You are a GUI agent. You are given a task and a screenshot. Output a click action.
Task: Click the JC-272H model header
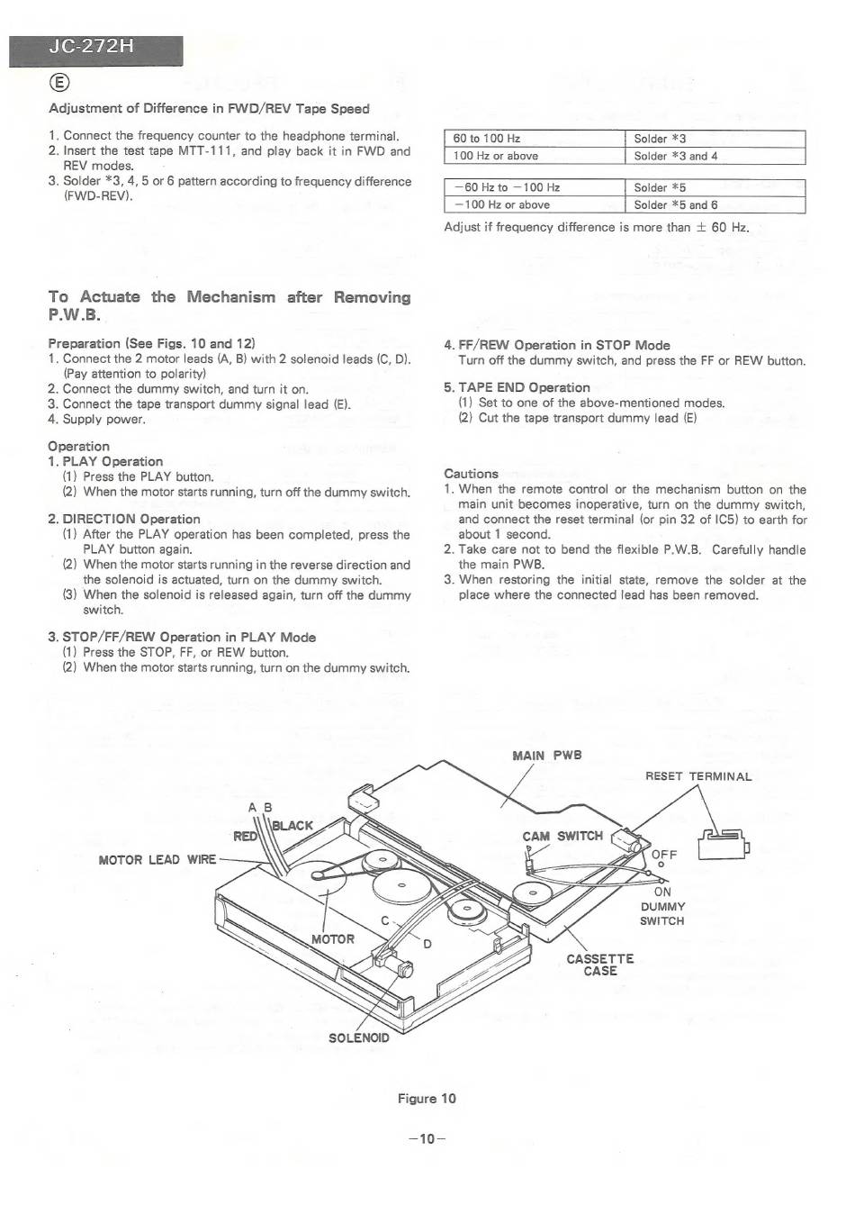click(95, 50)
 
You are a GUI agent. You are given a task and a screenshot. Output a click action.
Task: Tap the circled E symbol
click(58, 84)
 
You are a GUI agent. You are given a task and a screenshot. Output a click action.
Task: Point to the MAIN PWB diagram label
click(546, 756)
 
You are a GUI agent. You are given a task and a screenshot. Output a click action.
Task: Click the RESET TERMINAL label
click(697, 776)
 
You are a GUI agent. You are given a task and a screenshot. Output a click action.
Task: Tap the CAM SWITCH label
click(562, 836)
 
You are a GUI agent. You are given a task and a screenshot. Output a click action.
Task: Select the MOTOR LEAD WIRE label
click(157, 860)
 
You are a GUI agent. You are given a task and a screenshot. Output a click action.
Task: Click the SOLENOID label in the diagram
click(358, 1037)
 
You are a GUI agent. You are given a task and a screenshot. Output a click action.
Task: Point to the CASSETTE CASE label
click(599, 965)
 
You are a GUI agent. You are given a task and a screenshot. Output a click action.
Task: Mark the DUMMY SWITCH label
click(662, 914)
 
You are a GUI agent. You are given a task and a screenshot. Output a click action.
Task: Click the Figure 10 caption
click(427, 1099)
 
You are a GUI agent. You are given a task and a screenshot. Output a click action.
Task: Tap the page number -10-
click(427, 1138)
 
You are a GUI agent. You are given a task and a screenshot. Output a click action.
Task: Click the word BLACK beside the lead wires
click(292, 825)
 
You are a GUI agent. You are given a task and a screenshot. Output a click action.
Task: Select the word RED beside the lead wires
click(245, 837)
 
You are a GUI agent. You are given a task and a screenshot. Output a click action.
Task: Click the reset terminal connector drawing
click(725, 845)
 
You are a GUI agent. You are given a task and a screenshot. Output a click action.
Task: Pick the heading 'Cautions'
click(471, 474)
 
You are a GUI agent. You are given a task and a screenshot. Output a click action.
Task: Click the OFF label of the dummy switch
click(664, 855)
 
